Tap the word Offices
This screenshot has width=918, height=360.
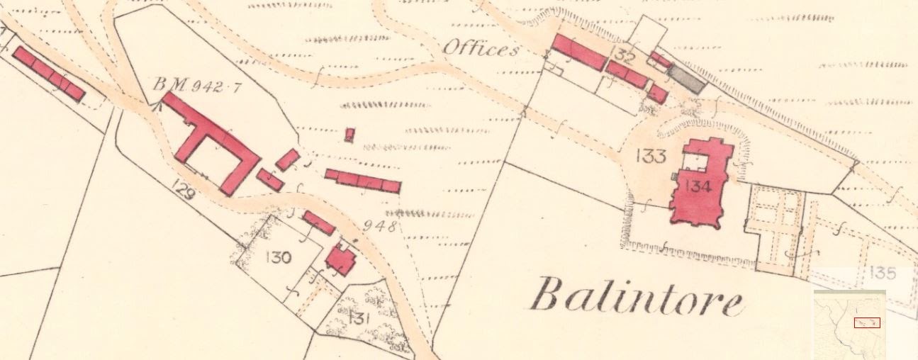tap(480, 48)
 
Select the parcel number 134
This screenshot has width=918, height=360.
tap(699, 186)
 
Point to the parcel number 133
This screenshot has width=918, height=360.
tap(649, 157)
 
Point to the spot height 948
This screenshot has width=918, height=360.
tap(379, 227)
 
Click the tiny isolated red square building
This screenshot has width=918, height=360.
tap(349, 134)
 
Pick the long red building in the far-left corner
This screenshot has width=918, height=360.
tap(48, 73)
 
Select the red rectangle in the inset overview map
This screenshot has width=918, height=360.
tap(866, 322)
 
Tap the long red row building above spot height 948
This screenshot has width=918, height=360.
tap(363, 181)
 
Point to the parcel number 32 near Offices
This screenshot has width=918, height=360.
tap(625, 55)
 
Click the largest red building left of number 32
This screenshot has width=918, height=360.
tap(578, 52)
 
